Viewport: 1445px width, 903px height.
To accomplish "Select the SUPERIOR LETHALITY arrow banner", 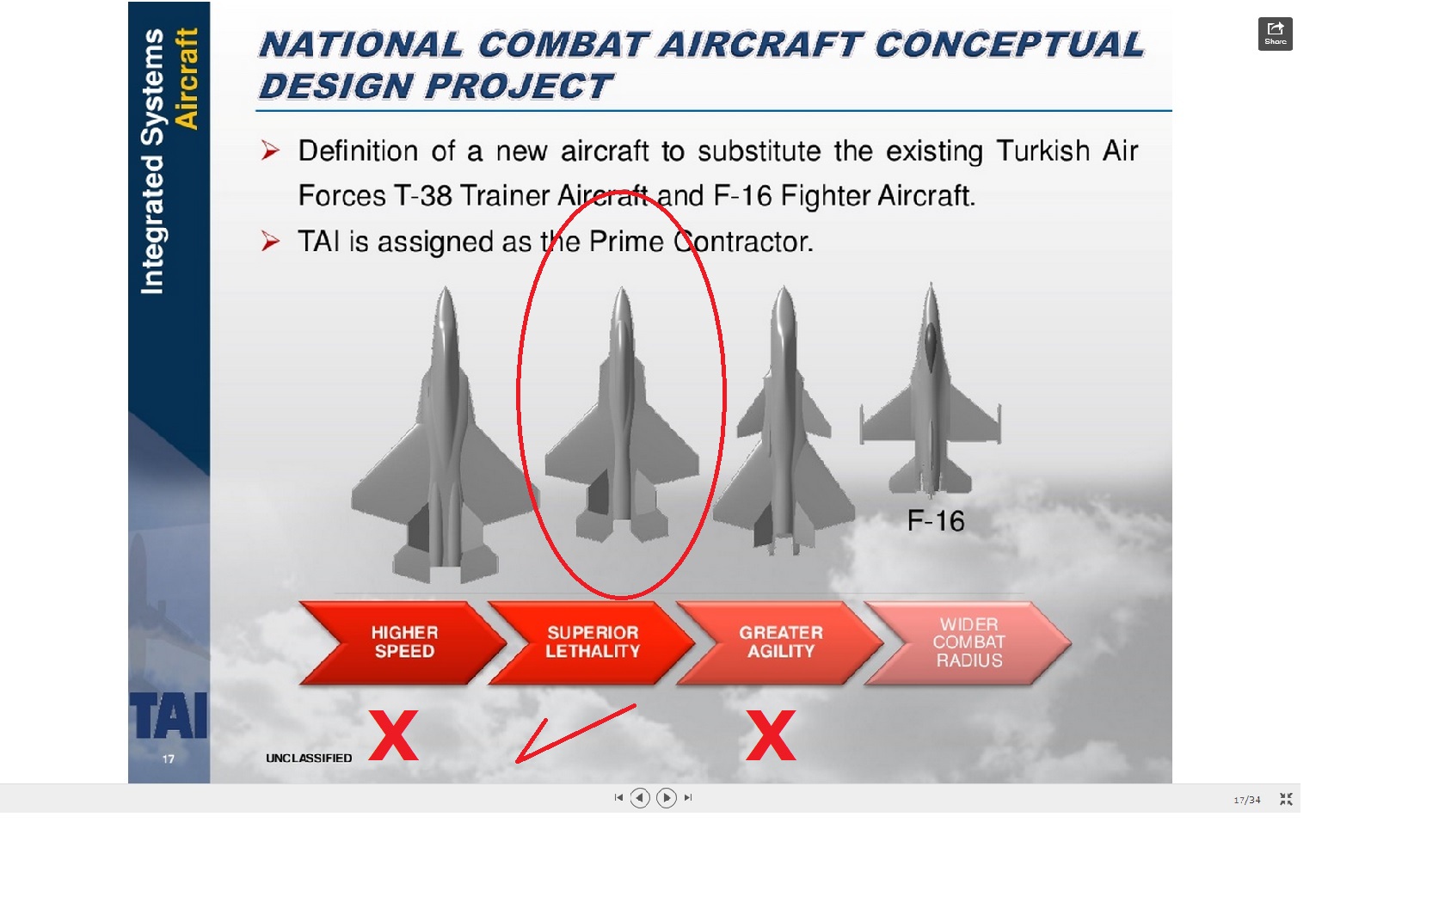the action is tap(591, 642).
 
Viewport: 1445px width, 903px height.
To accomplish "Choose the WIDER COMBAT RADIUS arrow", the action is tap(968, 642).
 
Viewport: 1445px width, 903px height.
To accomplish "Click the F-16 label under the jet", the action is tap(936, 520).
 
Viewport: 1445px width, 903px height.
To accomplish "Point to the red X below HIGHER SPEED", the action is tap(394, 735).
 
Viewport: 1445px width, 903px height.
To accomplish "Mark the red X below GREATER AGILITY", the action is tap(771, 735).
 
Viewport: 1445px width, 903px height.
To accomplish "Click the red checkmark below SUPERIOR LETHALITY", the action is tap(568, 735).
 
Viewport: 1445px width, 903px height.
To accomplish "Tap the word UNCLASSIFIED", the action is tap(309, 758).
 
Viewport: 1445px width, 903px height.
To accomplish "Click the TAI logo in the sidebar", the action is tap(169, 716).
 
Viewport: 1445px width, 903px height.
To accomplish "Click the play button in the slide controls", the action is tap(666, 798).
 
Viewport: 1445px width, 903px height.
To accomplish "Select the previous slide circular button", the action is tap(639, 798).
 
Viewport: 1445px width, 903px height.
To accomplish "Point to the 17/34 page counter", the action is tap(1246, 800).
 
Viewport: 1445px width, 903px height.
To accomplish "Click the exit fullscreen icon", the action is tap(1286, 799).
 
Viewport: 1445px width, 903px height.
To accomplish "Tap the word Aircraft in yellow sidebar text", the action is tap(187, 79).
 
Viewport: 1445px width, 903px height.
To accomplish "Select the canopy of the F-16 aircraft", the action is tap(931, 345).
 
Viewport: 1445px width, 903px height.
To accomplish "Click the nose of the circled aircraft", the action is tap(621, 294).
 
